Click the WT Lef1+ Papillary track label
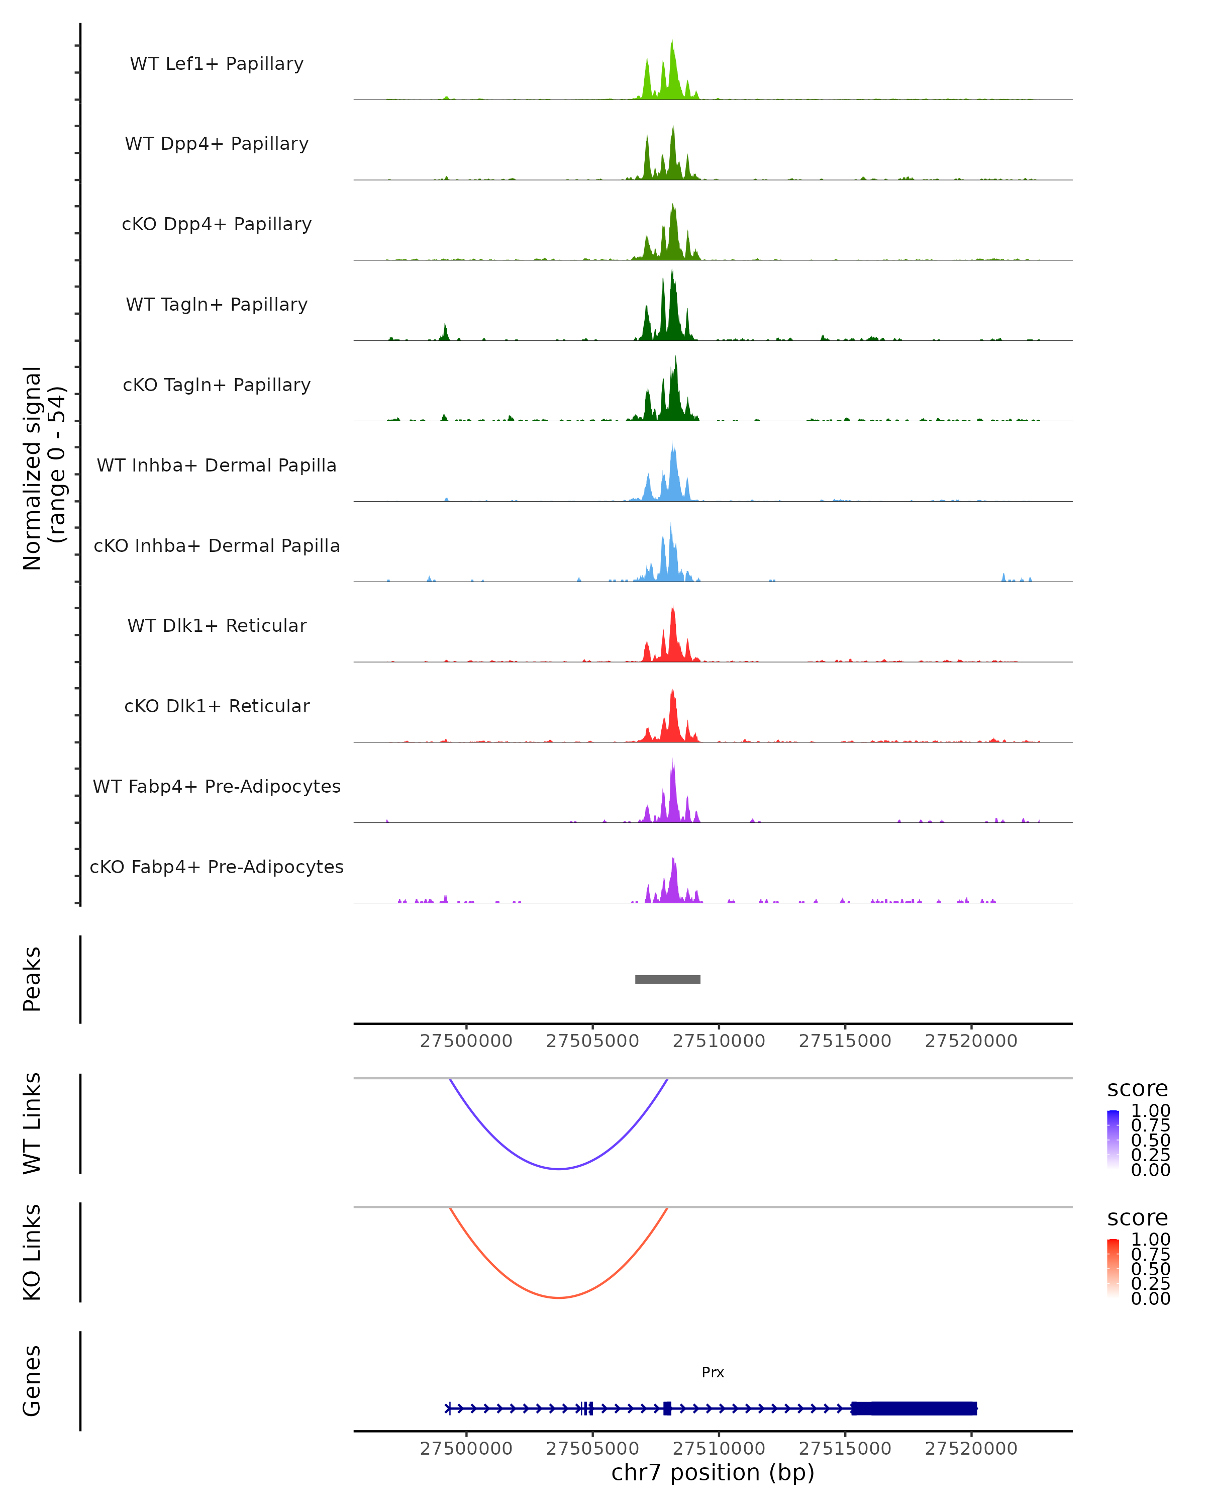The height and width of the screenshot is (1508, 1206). pyautogui.click(x=217, y=64)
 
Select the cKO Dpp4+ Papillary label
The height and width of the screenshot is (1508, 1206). pyautogui.click(x=217, y=224)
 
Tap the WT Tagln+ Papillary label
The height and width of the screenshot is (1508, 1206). pyautogui.click(x=217, y=304)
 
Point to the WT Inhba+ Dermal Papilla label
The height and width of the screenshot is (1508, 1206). pyautogui.click(x=217, y=465)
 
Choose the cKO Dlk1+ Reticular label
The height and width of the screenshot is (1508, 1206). pyautogui.click(x=217, y=706)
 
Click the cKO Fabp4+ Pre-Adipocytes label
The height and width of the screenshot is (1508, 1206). pyautogui.click(x=217, y=867)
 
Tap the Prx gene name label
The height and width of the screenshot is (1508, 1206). pyautogui.click(x=713, y=1372)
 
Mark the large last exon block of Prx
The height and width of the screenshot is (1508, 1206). pyautogui.click(x=914, y=1408)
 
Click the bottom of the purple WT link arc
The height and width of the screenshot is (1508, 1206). pyautogui.click(x=559, y=1169)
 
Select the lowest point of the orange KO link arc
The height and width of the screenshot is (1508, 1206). pyautogui.click(x=559, y=1297)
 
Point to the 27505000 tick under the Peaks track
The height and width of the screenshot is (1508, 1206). pyautogui.click(x=592, y=1041)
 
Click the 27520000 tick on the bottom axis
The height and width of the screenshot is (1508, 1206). pyautogui.click(x=971, y=1449)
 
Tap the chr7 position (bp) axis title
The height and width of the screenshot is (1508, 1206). pyautogui.click(x=713, y=1472)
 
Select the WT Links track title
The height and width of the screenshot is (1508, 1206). pyautogui.click(x=32, y=1122)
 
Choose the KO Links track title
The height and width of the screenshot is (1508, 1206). pyautogui.click(x=32, y=1252)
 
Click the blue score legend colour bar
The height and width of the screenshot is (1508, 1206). pyautogui.click(x=1113, y=1139)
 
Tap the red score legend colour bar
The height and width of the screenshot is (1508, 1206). pyautogui.click(x=1113, y=1267)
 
